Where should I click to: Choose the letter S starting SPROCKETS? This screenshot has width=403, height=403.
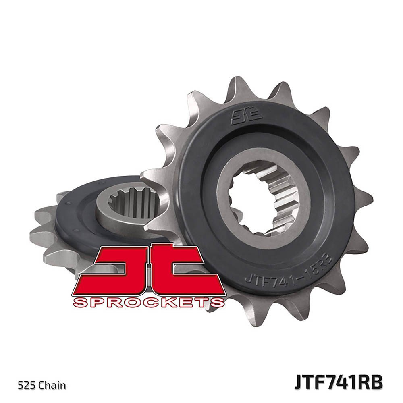pyautogui.click(x=80, y=302)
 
